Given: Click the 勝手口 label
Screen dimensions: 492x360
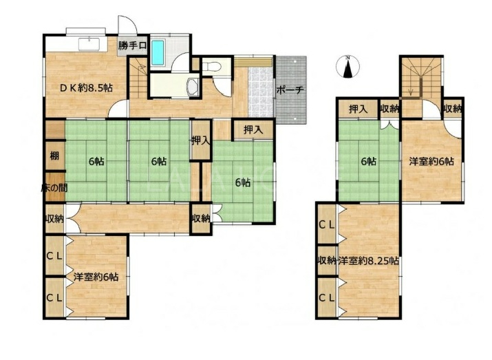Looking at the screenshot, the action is [132, 45].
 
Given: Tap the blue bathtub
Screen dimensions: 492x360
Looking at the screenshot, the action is [158, 53].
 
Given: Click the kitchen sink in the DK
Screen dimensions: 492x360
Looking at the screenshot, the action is [89, 44].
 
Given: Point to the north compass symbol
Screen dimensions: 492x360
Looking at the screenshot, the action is [347, 67].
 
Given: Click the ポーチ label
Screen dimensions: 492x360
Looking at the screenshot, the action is [290, 90].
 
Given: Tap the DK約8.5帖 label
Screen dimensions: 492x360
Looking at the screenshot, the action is [86, 88].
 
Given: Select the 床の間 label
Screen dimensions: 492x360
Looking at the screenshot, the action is [54, 188].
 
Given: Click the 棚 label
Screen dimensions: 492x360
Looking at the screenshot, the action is [54, 156].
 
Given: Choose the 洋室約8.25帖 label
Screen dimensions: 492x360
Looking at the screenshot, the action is [368, 261].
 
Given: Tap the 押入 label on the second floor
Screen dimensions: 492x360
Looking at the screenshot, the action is [358, 109].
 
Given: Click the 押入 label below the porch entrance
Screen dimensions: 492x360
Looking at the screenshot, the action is [253, 129].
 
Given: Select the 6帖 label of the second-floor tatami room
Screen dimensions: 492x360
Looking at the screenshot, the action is [368, 162].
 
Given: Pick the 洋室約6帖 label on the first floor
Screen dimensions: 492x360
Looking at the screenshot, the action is [96, 277].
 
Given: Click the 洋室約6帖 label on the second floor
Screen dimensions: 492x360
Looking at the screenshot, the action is [431, 162].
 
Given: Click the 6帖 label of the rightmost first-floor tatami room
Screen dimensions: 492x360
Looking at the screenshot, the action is [243, 182].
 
